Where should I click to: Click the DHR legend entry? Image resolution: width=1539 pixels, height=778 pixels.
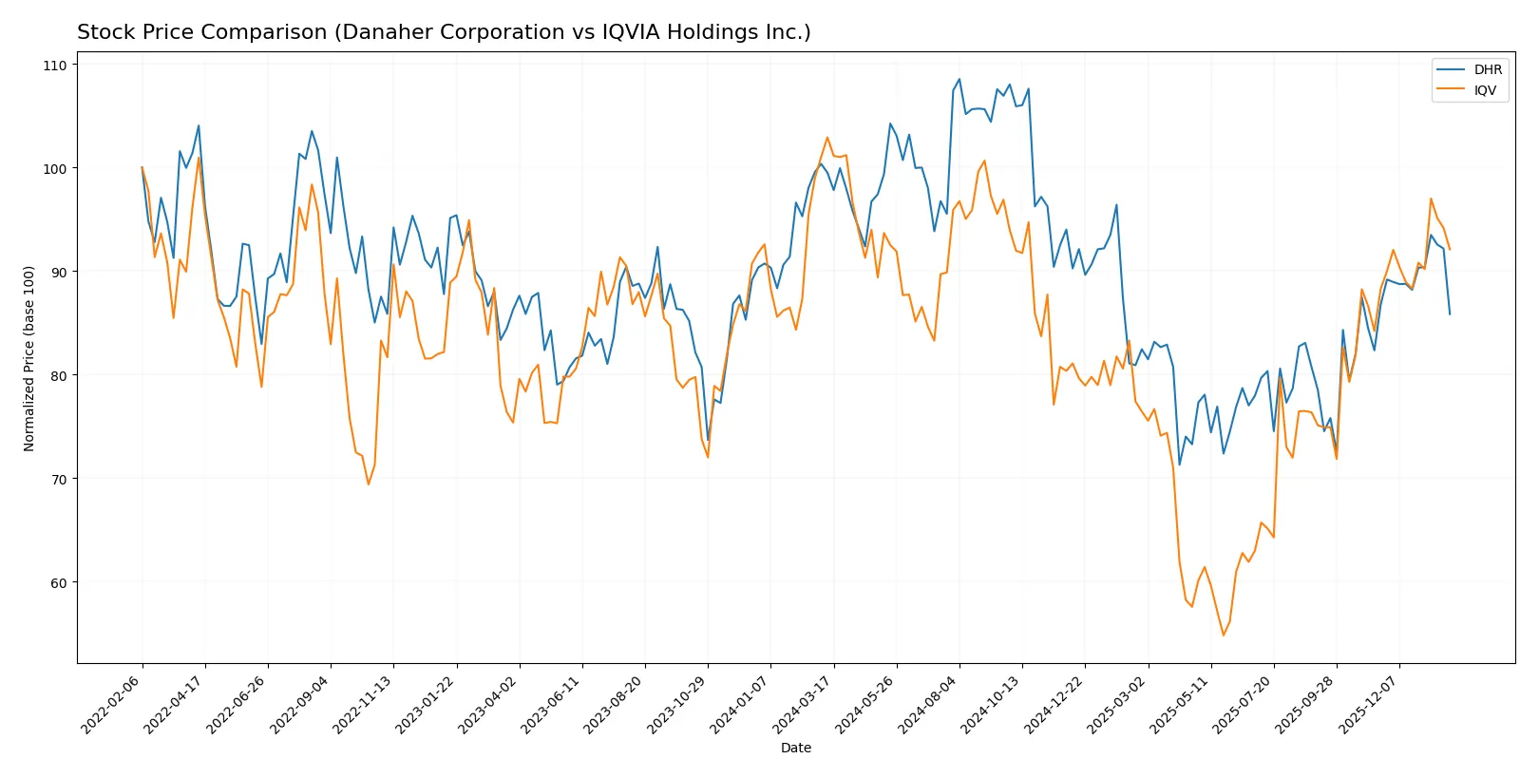pyautogui.click(x=1488, y=69)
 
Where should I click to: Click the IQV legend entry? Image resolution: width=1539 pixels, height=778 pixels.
pyautogui.click(x=1485, y=90)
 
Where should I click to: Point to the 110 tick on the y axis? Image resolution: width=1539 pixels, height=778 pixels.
pyautogui.click(x=55, y=66)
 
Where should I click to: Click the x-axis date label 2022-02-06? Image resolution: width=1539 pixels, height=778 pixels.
pyautogui.click(x=113, y=704)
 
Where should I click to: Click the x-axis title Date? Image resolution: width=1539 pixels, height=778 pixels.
pyautogui.click(x=795, y=748)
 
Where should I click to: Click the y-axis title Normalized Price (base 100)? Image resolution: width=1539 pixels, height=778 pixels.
pyautogui.click(x=29, y=358)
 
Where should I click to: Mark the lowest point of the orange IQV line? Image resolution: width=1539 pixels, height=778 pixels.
pyautogui.click(x=1224, y=636)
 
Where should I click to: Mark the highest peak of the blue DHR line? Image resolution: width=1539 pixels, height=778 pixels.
pyautogui.click(x=959, y=79)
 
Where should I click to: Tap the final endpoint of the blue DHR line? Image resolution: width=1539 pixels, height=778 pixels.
pyautogui.click(x=1450, y=314)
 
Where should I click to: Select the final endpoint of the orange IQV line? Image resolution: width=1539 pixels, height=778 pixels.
pyautogui.click(x=1450, y=250)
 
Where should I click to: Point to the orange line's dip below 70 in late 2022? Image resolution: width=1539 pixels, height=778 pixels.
pyautogui.click(x=369, y=484)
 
